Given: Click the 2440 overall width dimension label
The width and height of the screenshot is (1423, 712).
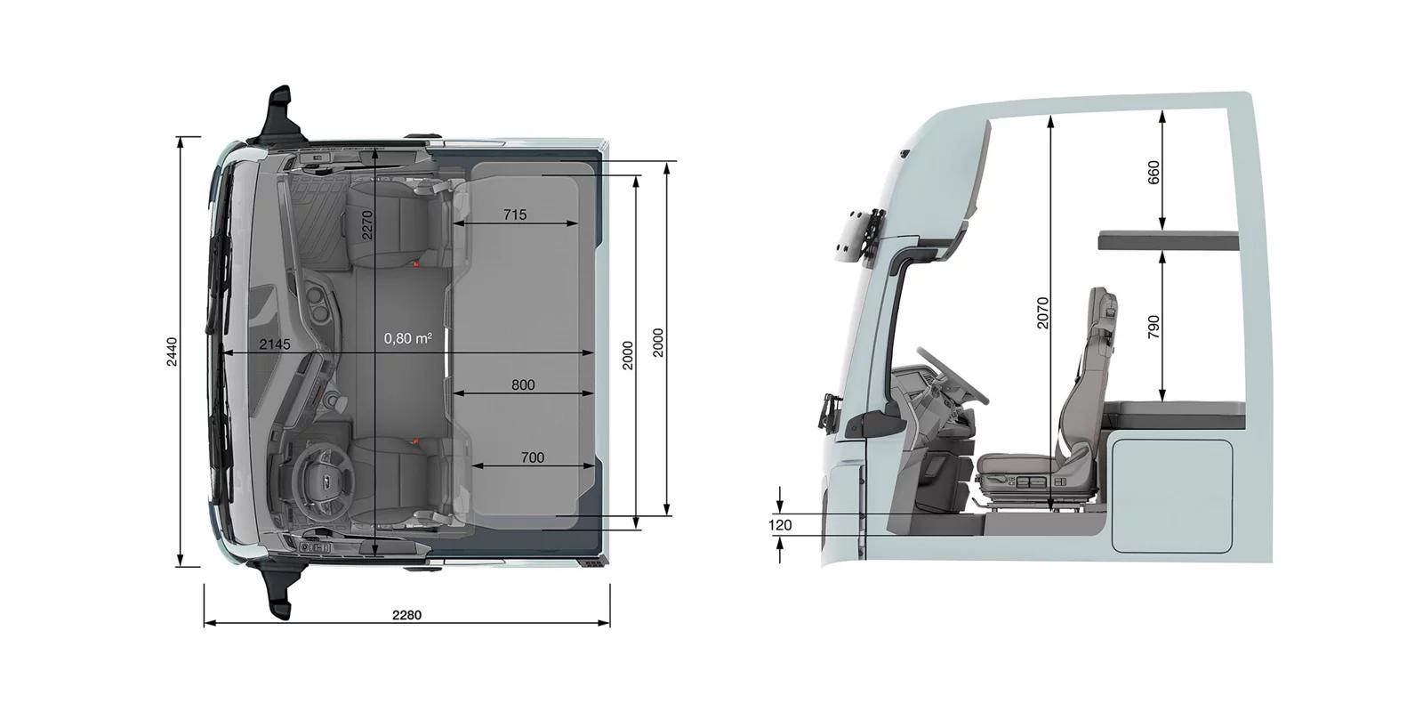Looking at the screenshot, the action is tap(172, 352).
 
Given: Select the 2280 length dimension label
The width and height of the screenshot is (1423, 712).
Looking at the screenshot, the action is tap(406, 615).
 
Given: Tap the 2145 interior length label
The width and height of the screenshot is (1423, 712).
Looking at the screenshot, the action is tap(275, 344).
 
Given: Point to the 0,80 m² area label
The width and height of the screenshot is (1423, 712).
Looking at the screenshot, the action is tap(408, 338).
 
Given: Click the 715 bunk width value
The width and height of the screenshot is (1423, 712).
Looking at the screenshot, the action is tap(515, 214).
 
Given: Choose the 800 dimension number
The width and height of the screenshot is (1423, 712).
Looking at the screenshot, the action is tap(523, 384).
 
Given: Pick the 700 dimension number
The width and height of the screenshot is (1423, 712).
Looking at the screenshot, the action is tap(533, 457).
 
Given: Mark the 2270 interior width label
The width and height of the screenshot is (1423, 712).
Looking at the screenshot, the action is tap(367, 225).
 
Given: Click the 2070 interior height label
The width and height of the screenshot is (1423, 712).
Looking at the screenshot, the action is tap(1042, 312).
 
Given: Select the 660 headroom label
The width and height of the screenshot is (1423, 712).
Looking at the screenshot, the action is tap(1154, 173).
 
